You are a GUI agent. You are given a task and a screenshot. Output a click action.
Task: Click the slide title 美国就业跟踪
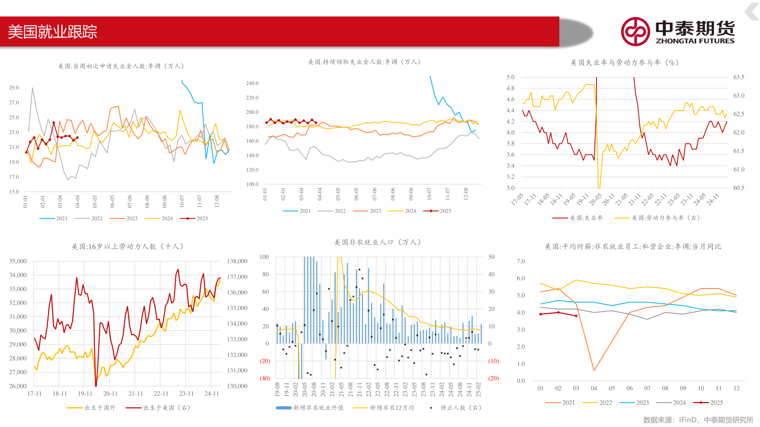(x=53, y=32)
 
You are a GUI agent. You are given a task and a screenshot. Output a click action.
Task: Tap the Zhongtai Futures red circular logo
(x=635, y=32)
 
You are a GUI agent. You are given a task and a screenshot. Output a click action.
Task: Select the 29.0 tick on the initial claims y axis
(x=14, y=88)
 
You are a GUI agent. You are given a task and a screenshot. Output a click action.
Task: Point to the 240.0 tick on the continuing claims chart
(x=252, y=83)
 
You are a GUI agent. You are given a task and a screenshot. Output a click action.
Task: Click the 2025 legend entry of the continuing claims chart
(x=438, y=211)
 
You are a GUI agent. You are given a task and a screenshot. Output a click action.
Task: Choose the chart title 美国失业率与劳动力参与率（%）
(x=625, y=62)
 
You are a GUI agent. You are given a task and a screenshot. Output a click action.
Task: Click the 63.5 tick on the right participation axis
(x=739, y=77)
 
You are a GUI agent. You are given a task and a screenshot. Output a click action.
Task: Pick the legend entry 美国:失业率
(x=578, y=218)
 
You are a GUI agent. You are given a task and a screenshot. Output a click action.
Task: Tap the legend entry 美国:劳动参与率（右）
(x=657, y=218)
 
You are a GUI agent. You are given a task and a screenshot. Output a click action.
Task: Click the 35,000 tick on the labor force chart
(x=18, y=261)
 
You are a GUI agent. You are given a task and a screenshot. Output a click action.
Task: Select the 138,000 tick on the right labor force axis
(x=237, y=261)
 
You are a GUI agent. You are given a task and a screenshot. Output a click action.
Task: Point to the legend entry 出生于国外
(x=92, y=408)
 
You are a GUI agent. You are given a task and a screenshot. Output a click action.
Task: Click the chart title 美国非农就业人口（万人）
(x=378, y=242)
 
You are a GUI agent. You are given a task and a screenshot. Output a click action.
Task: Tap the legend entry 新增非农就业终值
(x=310, y=408)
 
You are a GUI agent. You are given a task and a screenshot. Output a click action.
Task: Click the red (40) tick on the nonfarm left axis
(x=265, y=378)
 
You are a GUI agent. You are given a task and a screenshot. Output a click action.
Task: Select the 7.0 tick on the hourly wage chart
(x=521, y=261)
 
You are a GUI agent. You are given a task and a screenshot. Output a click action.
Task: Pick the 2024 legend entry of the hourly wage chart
(x=671, y=402)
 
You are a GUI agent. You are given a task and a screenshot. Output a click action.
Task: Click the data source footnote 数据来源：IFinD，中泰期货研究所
(x=698, y=420)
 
